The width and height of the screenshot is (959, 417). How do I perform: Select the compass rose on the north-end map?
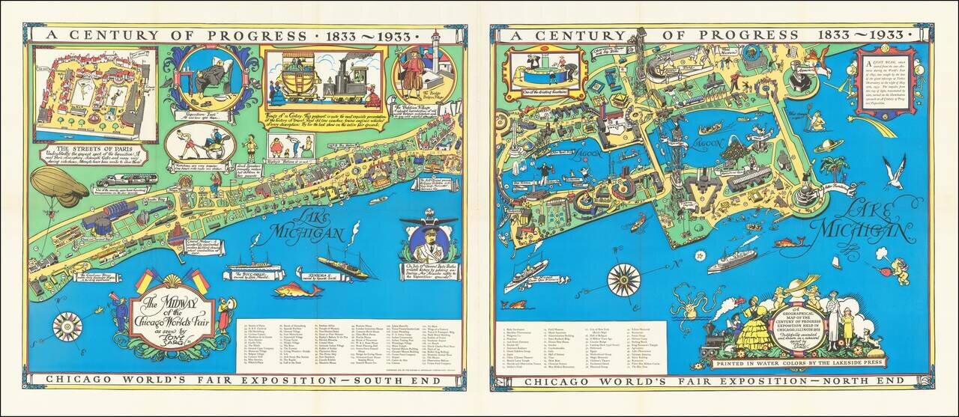623,280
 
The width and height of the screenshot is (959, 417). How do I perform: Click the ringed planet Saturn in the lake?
829,145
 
